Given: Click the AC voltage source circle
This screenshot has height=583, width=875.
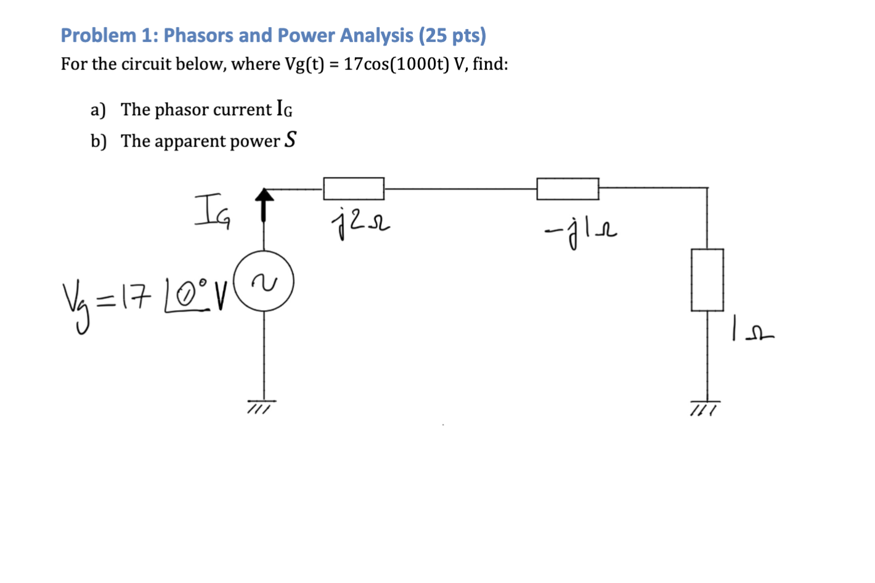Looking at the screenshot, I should point(264,282).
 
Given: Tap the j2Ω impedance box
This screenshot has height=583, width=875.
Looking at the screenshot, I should point(354,189).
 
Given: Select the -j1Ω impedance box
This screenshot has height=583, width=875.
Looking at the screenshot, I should point(568,189).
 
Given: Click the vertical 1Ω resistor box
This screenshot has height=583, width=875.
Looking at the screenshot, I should point(707,280).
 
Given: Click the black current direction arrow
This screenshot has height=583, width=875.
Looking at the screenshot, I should point(264,204).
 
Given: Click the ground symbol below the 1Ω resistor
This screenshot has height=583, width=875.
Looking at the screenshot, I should point(705,406).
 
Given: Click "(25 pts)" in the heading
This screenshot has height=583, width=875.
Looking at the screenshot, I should point(452,35).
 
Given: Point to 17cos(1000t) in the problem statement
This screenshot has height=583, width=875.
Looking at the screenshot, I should point(396,64).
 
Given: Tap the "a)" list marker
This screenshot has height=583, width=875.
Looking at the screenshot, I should point(98,110).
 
